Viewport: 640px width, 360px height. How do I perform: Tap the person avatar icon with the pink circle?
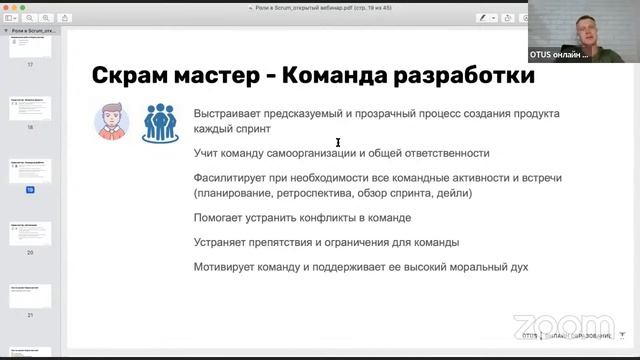pos(111,121)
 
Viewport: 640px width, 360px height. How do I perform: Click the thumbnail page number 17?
pos(30,64)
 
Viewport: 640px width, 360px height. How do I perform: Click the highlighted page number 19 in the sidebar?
pos(30,189)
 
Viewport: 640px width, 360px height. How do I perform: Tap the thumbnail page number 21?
pos(30,314)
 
